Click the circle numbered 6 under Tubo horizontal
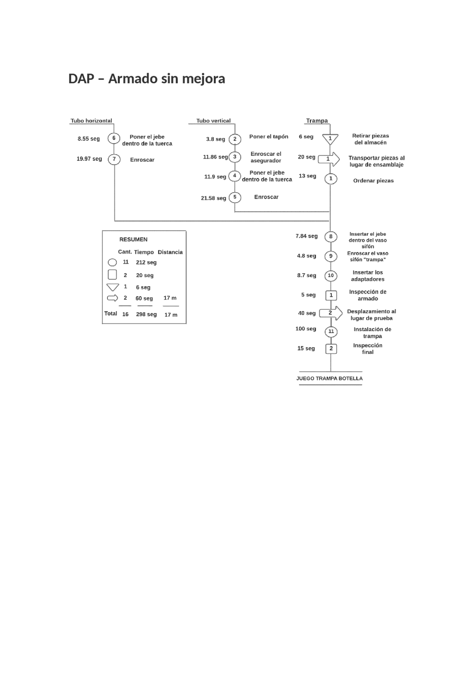click(114, 138)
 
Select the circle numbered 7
click(114, 159)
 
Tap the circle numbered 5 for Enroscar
click(235, 197)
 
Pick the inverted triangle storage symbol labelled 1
click(330, 139)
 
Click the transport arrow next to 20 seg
click(329, 159)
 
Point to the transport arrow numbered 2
click(331, 313)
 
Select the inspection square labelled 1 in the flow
click(331, 295)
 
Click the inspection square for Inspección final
click(331, 349)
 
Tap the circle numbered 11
click(331, 331)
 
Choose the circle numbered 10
click(331, 276)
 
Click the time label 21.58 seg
click(213, 198)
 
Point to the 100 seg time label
click(306, 329)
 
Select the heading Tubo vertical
click(213, 121)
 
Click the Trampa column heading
click(317, 121)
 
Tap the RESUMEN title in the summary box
click(133, 240)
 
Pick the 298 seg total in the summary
click(146, 314)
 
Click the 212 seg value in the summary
click(146, 262)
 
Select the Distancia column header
click(170, 252)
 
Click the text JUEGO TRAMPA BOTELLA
click(329, 378)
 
